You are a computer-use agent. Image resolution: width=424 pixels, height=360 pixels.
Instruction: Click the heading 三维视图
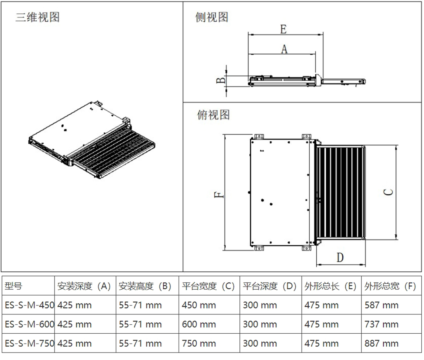(37, 17)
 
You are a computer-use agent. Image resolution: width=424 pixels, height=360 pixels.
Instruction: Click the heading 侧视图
(212, 17)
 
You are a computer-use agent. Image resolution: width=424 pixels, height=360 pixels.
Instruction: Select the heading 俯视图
(213, 115)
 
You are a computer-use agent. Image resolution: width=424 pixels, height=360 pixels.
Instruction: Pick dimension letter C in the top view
(388, 192)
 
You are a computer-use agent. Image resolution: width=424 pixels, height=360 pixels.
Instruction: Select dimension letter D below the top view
(340, 258)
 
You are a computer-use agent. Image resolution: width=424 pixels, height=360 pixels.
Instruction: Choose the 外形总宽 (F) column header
(390, 286)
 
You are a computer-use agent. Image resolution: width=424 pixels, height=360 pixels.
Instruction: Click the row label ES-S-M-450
(29, 305)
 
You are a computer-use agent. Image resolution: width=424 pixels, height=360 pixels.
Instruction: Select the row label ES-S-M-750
(29, 344)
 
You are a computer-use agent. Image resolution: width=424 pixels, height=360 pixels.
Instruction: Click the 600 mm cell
(199, 324)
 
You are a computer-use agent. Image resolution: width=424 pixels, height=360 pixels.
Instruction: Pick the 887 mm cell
(381, 344)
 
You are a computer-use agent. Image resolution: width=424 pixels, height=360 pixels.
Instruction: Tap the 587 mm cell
(381, 305)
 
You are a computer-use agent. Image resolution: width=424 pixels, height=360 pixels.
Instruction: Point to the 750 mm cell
(199, 344)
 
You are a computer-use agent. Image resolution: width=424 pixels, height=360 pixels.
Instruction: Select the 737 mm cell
(381, 324)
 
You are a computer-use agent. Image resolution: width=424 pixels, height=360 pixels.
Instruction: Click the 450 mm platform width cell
(199, 305)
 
